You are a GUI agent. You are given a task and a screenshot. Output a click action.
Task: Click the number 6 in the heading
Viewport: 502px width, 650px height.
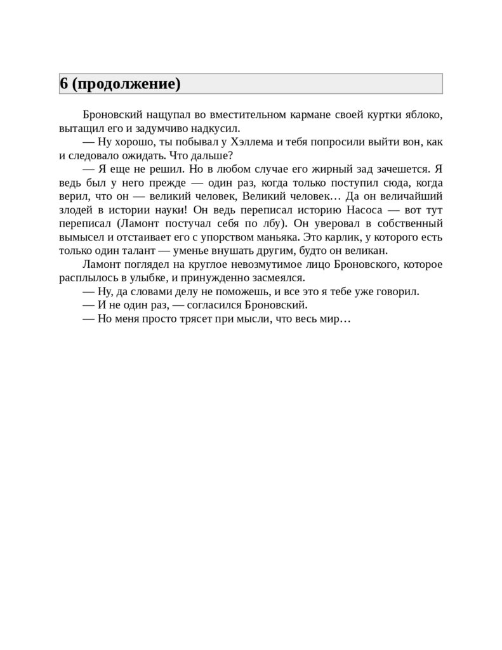63,84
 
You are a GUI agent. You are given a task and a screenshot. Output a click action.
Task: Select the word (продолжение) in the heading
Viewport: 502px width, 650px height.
126,84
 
